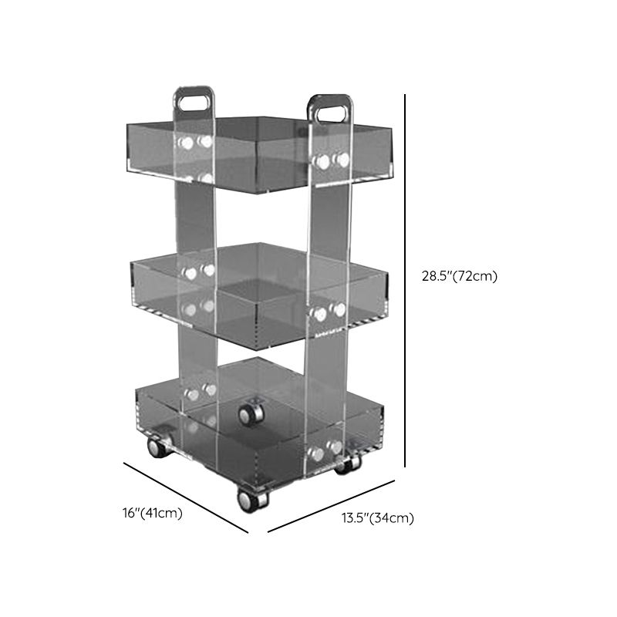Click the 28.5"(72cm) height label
(x=459, y=277)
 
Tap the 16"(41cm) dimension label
(x=152, y=514)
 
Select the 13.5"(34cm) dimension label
(x=378, y=518)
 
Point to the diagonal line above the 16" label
(x=186, y=497)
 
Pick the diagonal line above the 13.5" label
(x=332, y=506)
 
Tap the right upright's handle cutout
(x=329, y=110)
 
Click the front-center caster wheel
(x=253, y=499)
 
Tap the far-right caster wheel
(x=349, y=464)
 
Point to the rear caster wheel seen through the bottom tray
(x=250, y=415)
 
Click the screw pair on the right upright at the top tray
(x=330, y=160)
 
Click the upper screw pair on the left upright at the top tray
(x=196, y=143)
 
